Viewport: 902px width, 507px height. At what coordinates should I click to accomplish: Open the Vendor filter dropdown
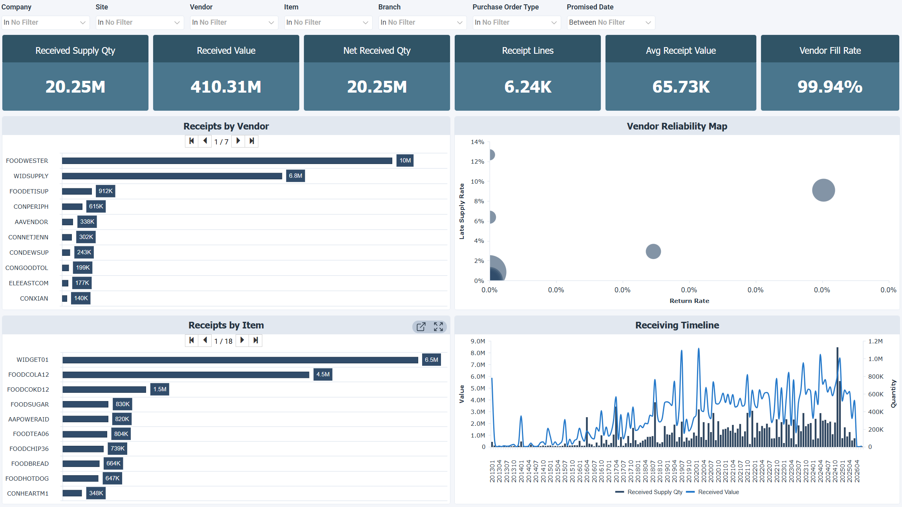[233, 22]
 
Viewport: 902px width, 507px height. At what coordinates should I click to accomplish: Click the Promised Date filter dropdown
[610, 22]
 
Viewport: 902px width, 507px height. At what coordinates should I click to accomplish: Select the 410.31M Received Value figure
[226, 87]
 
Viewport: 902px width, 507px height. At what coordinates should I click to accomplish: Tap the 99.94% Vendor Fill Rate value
[830, 87]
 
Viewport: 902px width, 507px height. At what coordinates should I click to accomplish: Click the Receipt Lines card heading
[527, 51]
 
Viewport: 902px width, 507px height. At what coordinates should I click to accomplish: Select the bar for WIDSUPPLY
[172, 176]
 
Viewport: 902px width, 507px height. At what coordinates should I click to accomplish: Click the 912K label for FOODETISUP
[106, 191]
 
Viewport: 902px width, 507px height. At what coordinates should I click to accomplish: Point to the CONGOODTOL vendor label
[27, 268]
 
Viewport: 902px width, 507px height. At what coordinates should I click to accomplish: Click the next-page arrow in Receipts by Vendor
[238, 141]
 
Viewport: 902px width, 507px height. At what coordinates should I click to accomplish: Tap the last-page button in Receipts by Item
[256, 340]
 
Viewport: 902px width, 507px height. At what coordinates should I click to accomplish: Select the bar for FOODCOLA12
[186, 375]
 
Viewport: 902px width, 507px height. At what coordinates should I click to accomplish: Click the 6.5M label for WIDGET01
[431, 359]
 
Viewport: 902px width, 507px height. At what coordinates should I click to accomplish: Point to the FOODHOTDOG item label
[27, 478]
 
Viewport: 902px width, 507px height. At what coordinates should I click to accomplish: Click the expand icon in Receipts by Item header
[438, 326]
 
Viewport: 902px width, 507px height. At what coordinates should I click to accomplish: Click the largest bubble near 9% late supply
[823, 190]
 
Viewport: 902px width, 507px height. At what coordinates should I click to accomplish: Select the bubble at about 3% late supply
[653, 252]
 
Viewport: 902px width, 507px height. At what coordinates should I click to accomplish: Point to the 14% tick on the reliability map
[477, 142]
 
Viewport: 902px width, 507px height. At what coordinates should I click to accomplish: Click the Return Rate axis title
[689, 301]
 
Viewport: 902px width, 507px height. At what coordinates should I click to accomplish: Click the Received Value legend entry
[718, 492]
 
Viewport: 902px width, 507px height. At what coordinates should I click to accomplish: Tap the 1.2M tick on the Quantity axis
[875, 341]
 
